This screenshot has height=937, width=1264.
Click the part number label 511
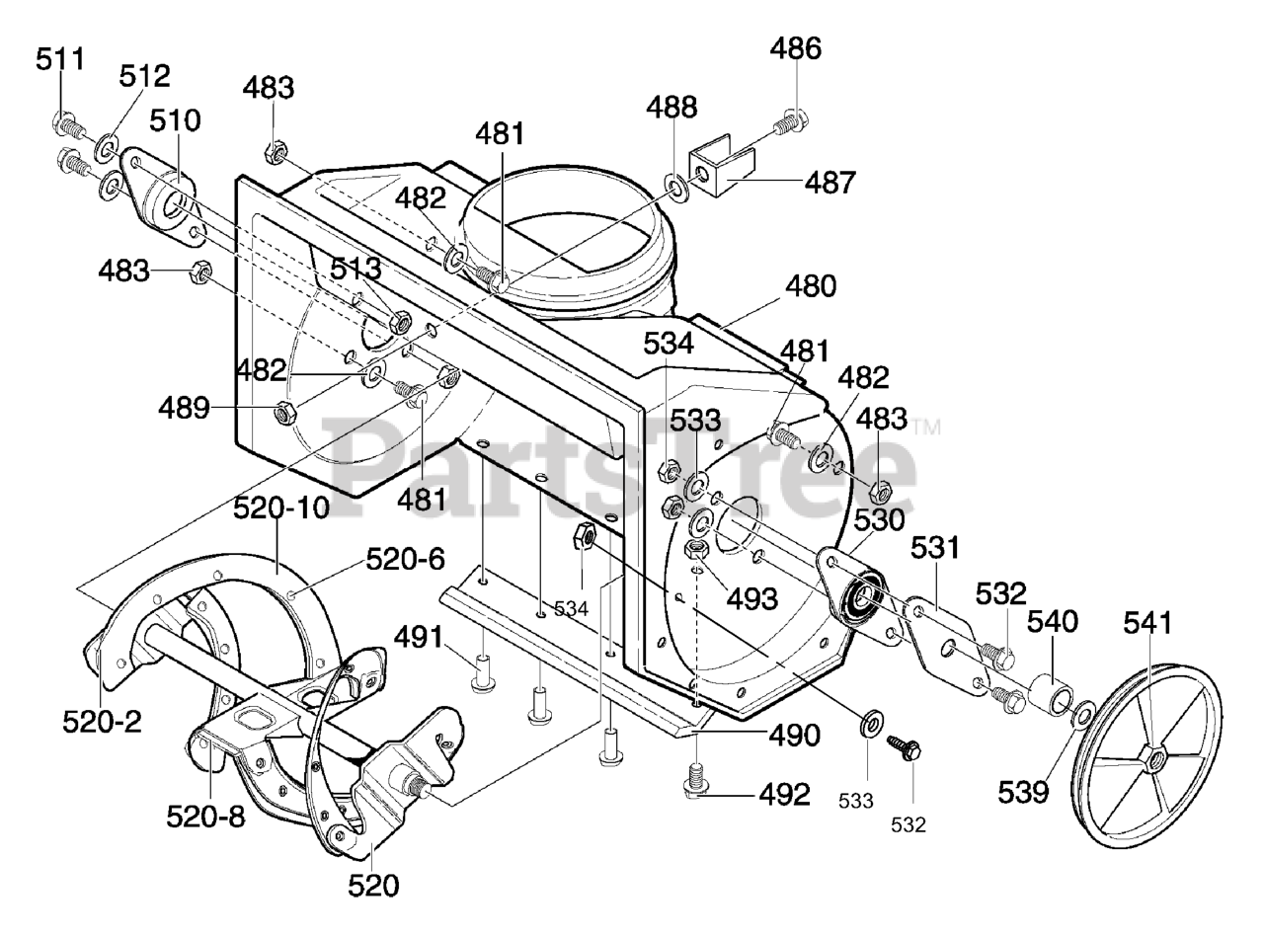(x=60, y=59)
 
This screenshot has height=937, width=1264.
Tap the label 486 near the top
(x=796, y=49)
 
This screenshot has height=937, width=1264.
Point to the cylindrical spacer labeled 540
(x=1052, y=693)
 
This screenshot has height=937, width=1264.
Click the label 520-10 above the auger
(x=281, y=508)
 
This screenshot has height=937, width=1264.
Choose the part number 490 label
(x=794, y=736)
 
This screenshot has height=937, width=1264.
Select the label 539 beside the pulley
(x=1023, y=793)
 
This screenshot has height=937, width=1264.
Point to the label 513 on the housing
(x=355, y=269)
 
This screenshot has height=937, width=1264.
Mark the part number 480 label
(x=811, y=286)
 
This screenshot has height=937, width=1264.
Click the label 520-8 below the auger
(x=205, y=818)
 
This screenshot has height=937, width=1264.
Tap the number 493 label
(x=752, y=599)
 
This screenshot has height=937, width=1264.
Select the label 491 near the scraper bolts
(x=419, y=637)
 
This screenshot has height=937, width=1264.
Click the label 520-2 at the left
(x=102, y=723)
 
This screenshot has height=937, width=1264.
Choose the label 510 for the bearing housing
(x=175, y=121)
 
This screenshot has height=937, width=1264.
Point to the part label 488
(x=671, y=108)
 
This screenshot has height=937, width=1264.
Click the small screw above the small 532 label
(x=904, y=749)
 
